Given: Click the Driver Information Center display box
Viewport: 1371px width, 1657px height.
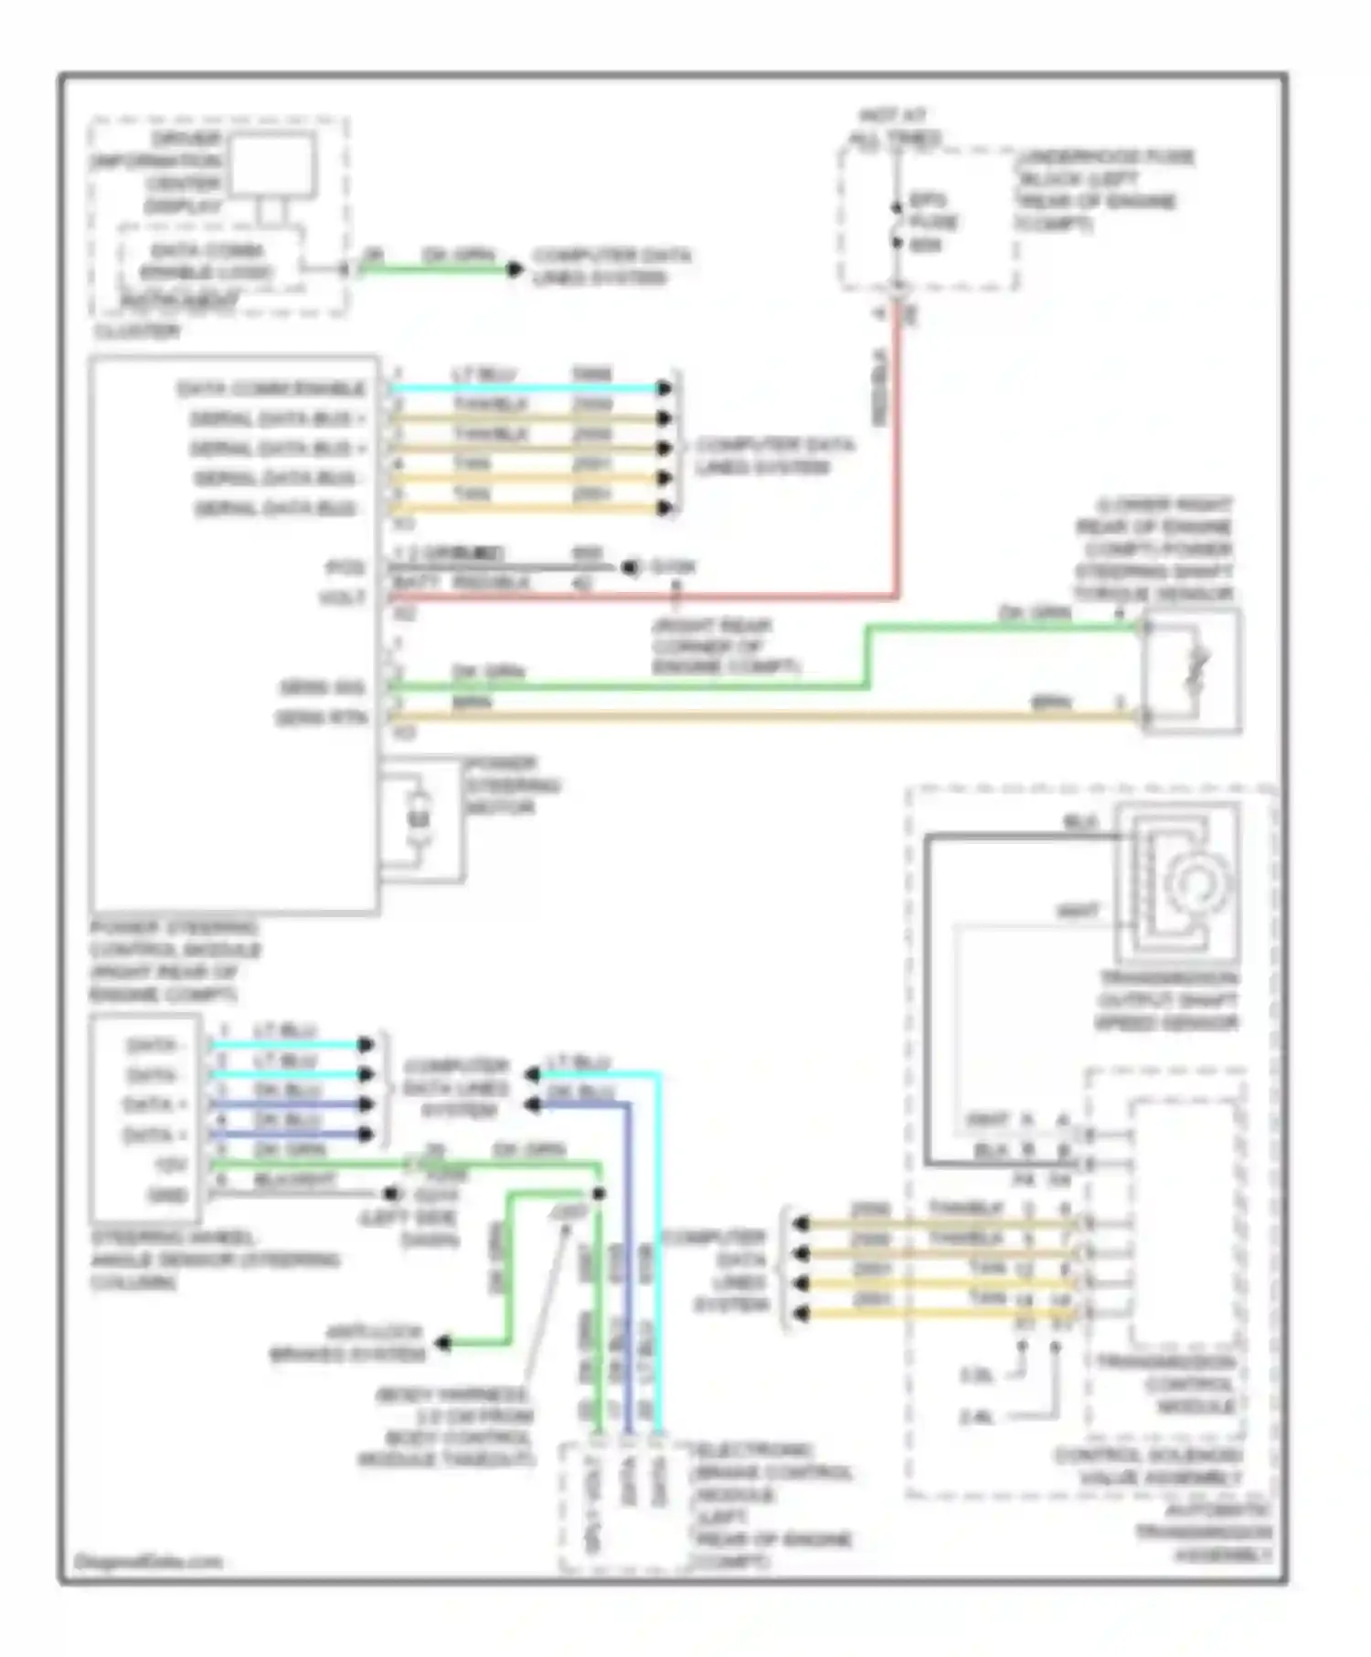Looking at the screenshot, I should [x=272, y=164].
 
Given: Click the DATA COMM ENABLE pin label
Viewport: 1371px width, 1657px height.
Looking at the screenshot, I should [x=271, y=389].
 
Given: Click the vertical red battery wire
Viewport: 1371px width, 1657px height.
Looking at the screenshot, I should [x=898, y=457].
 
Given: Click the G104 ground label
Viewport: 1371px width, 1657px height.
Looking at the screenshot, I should [x=673, y=567].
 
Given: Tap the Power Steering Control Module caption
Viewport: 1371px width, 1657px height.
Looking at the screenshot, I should [x=174, y=961].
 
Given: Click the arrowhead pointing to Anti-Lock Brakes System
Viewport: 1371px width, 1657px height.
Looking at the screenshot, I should [x=443, y=1343].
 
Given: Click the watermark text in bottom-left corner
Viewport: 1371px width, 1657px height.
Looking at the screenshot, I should [x=148, y=1561].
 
